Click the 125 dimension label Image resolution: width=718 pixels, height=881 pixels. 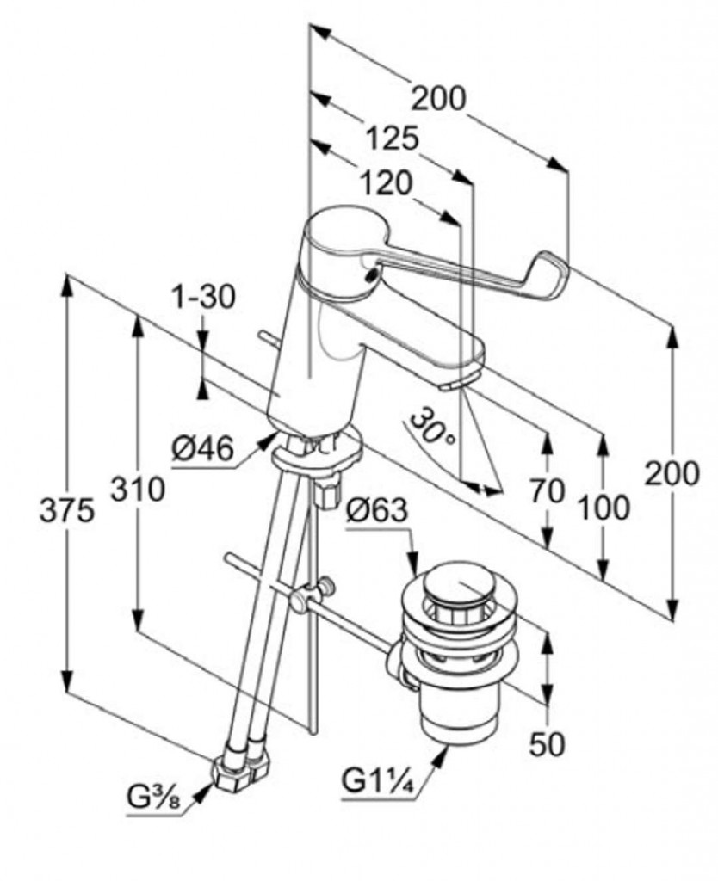click(392, 138)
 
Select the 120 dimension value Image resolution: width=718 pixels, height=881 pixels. click(386, 182)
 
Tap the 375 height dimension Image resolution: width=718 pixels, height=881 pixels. click(66, 511)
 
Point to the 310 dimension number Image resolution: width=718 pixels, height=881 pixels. click(137, 490)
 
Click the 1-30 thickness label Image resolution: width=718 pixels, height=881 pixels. click(203, 298)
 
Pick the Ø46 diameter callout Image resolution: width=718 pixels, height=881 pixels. click(202, 450)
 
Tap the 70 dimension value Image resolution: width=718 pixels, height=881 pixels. click(548, 491)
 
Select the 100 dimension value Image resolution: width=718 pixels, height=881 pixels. click(603, 508)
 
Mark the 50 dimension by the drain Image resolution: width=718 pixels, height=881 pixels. click(547, 743)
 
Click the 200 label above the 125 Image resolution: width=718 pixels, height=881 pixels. click(437, 99)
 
